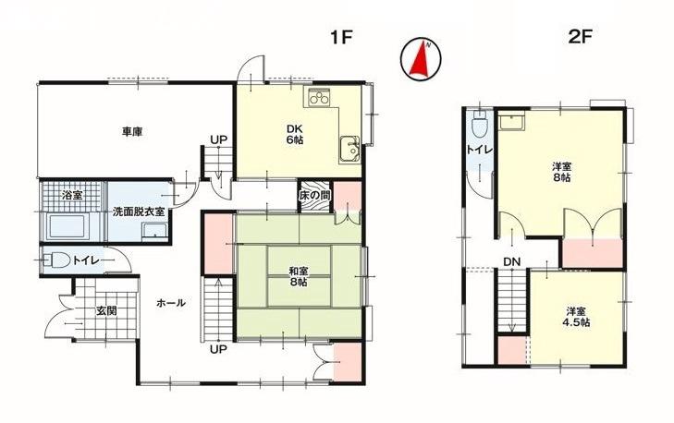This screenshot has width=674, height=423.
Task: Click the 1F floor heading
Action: (x=341, y=38)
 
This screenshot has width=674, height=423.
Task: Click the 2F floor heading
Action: (x=580, y=37)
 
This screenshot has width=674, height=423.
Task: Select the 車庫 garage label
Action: (x=132, y=131)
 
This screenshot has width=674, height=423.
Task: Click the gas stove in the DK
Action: (x=319, y=97)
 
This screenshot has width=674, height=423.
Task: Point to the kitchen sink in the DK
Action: (x=349, y=149)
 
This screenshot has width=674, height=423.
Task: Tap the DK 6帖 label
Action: (x=296, y=134)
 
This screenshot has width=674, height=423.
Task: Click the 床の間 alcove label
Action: (x=315, y=196)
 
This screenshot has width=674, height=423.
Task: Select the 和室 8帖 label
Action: (x=298, y=276)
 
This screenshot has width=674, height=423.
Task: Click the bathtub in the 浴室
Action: (x=67, y=225)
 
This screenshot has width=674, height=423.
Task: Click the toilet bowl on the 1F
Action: (x=57, y=260)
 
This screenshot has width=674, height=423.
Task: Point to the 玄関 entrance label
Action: (x=106, y=310)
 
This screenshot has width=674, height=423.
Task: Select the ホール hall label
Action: (x=171, y=303)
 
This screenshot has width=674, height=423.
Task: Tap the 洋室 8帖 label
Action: (x=562, y=172)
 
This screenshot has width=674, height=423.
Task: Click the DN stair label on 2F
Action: (x=512, y=261)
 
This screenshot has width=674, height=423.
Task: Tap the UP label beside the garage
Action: (x=218, y=139)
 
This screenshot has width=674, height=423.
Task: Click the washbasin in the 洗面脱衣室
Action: (x=155, y=230)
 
